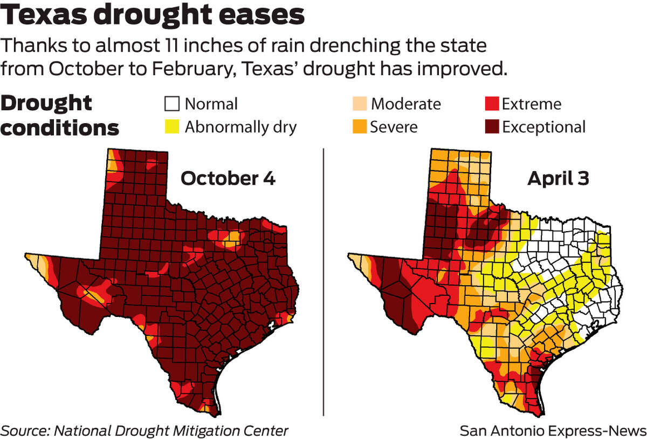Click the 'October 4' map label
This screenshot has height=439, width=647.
pyautogui.click(x=228, y=179)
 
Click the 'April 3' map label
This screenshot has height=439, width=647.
pyautogui.click(x=557, y=179)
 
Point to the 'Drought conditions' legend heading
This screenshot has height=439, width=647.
pyautogui.click(x=60, y=115)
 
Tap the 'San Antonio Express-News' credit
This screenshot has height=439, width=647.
pyautogui.click(x=553, y=430)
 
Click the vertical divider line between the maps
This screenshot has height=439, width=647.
pyautogui.click(x=323, y=281)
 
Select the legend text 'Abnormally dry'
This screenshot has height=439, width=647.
pyautogui.click(x=240, y=127)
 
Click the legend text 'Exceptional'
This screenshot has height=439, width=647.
pyautogui.click(x=543, y=127)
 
